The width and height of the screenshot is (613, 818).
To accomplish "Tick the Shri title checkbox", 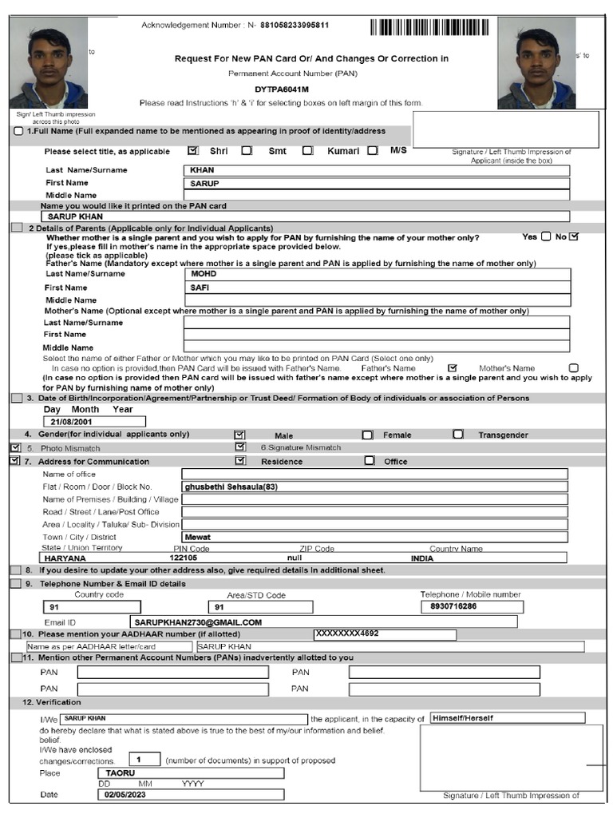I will point(192,150).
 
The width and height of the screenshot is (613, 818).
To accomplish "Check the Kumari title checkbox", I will point(308,150).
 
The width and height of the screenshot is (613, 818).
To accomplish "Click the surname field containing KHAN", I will point(376,170).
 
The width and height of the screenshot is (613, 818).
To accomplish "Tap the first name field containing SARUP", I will point(376,183).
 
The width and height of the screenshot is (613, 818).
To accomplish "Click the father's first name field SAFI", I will point(376,287).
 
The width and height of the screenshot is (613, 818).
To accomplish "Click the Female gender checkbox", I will point(367,435).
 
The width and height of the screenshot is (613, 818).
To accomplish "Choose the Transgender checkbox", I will point(457,435).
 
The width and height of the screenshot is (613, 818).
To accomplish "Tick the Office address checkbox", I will point(369,461).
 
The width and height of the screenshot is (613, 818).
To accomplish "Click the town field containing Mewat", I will point(374,538).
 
